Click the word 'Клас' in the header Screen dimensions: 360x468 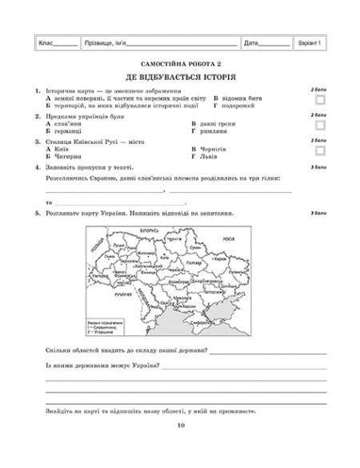[x=41, y=42]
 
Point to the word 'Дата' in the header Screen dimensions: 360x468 [x=251, y=42]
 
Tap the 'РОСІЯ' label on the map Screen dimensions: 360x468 [x=227, y=238]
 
